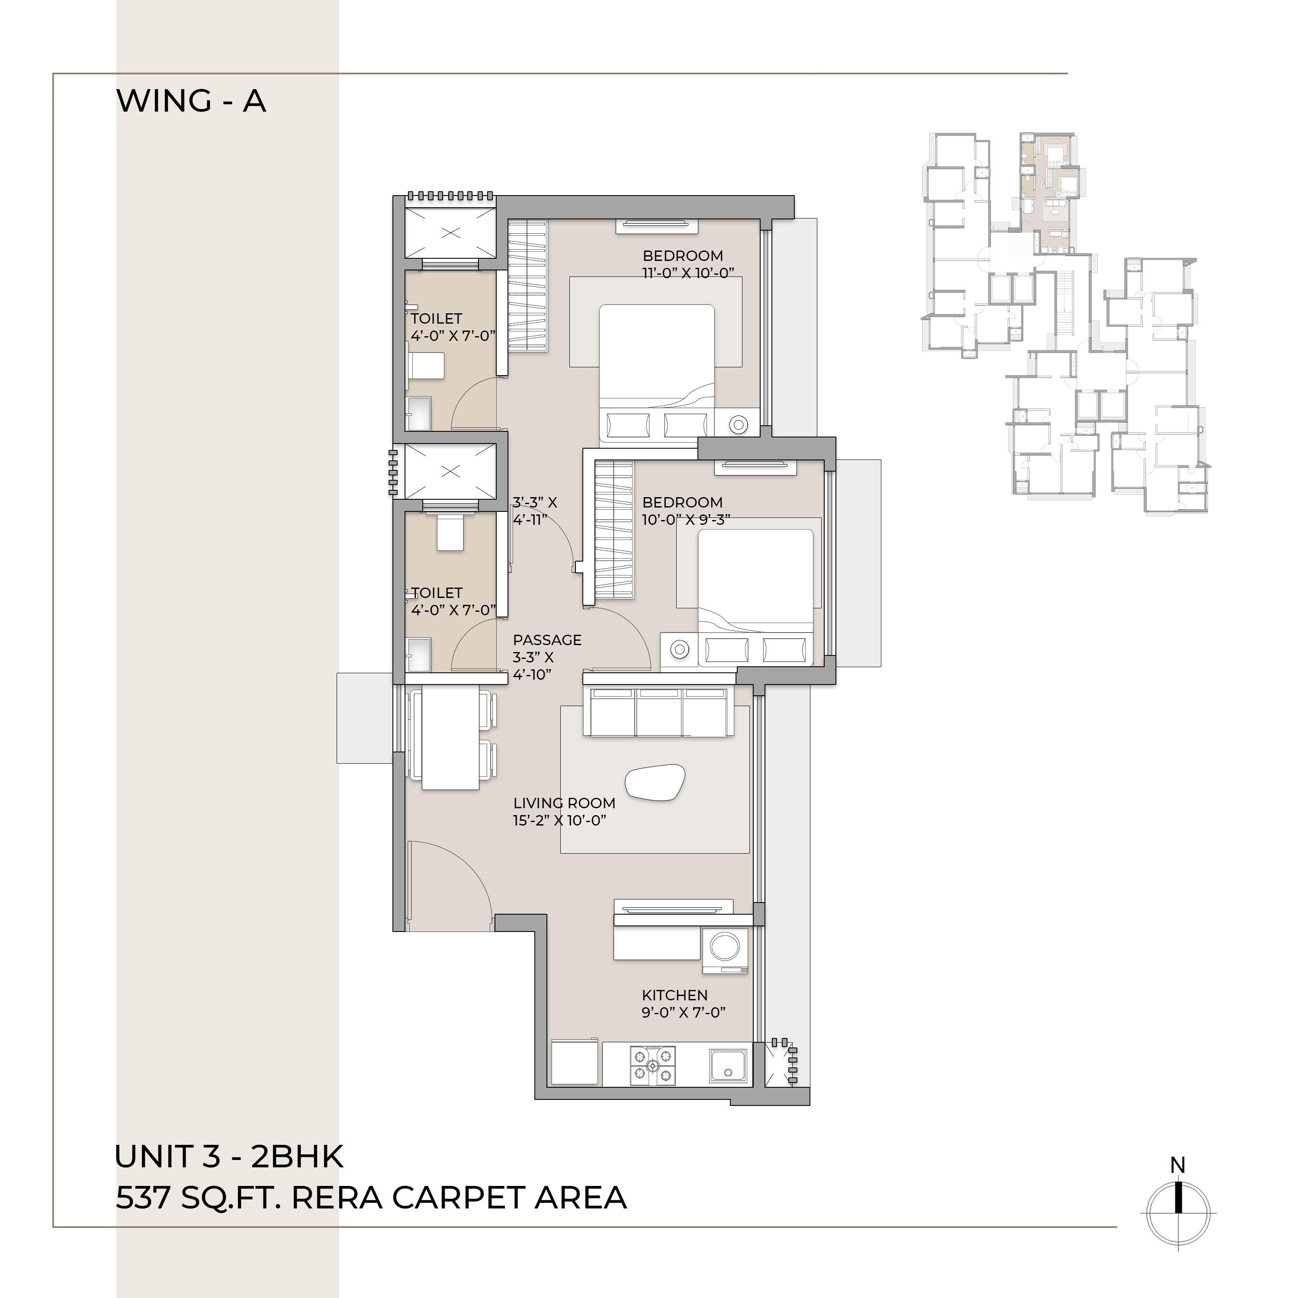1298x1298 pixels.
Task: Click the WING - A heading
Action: [192, 101]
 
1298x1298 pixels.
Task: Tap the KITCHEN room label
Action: [675, 995]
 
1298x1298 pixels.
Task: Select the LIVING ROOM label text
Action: [564, 803]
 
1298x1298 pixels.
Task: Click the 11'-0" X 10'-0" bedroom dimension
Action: [688, 273]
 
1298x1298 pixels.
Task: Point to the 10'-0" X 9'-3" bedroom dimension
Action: [686, 519]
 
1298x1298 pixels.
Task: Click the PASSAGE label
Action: [547, 639]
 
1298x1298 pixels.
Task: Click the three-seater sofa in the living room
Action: [659, 712]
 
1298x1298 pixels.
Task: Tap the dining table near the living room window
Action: [450, 737]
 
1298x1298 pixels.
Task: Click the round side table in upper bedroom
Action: [739, 424]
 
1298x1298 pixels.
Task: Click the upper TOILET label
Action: [436, 318]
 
